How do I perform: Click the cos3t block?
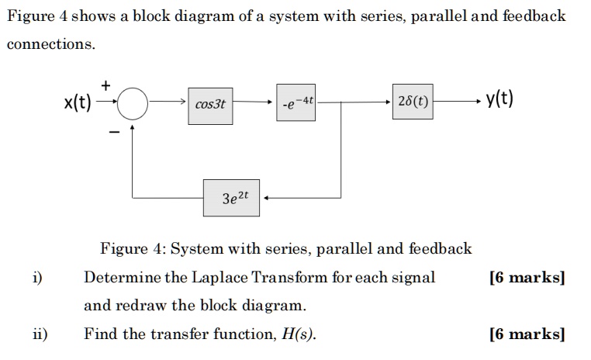click(210, 102)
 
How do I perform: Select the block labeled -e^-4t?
click(297, 102)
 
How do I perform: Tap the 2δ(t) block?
click(413, 102)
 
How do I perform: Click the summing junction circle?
click(133, 102)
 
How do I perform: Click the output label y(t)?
click(500, 100)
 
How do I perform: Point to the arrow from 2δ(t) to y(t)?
click(458, 102)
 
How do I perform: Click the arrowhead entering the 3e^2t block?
click(268, 198)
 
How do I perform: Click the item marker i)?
click(37, 278)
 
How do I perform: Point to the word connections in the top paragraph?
click(50, 44)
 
